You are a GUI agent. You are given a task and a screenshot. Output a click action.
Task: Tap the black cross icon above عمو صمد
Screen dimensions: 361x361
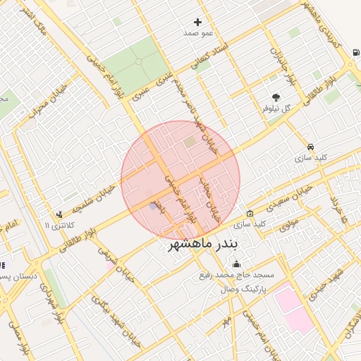pos(197,23)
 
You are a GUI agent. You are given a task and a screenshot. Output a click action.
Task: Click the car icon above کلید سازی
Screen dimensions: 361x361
pos(311,147)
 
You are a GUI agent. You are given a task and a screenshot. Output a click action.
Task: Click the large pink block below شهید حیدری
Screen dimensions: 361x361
pos(294,310)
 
